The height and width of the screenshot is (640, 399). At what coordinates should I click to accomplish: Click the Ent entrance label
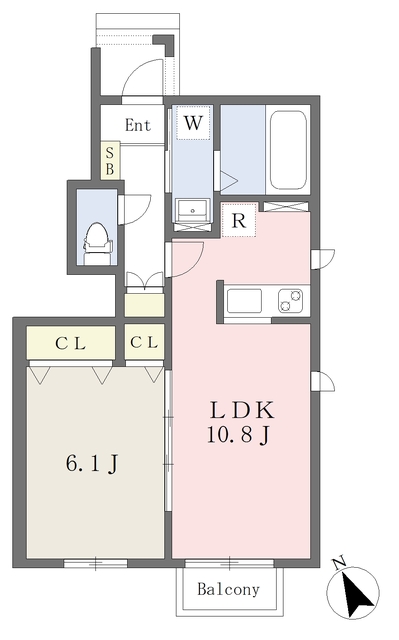tap(137, 125)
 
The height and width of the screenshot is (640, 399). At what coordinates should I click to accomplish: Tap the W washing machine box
tap(193, 124)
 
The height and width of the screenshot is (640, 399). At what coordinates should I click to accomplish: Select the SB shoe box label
tap(110, 161)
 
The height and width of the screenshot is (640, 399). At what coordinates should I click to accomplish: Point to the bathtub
tap(288, 150)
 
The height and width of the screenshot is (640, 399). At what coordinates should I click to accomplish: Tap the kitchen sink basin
tap(244, 300)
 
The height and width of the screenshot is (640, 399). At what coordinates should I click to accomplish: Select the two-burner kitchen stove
tap(291, 300)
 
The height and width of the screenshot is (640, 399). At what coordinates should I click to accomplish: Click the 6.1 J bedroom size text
tap(92, 464)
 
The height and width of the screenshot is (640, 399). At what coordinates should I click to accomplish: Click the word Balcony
tap(227, 590)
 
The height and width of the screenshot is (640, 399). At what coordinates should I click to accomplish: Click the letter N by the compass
tap(338, 562)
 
